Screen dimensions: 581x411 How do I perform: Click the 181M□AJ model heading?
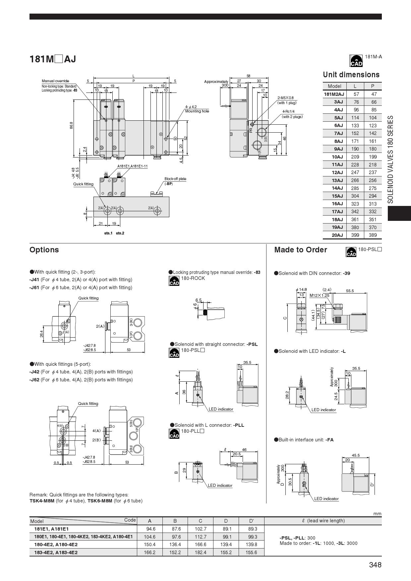click(x=53, y=59)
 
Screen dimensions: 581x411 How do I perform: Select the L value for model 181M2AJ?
click(x=356, y=94)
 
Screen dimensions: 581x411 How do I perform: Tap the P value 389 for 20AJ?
click(x=373, y=235)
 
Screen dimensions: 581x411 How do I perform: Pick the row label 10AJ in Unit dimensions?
click(x=337, y=157)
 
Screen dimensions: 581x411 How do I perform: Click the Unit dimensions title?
click(x=351, y=75)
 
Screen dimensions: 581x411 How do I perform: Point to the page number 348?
click(x=375, y=565)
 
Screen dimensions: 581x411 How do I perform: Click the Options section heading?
click(x=44, y=250)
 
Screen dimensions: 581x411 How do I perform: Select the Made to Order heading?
click(x=300, y=250)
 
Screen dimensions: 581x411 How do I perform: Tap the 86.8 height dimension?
click(x=72, y=125)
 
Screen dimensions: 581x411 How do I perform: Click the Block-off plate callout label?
click(x=175, y=179)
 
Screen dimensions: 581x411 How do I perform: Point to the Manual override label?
click(x=55, y=81)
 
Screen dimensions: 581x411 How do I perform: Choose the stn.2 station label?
click(x=120, y=233)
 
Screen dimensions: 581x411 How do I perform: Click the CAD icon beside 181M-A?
click(x=356, y=61)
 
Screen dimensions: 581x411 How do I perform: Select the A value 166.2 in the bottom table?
click(x=150, y=552)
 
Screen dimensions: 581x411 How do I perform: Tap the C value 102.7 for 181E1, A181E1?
click(x=200, y=529)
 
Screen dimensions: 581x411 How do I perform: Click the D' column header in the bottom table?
click(x=251, y=521)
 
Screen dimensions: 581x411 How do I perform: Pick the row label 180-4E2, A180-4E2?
click(x=56, y=545)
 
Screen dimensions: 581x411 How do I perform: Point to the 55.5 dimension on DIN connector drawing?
click(x=350, y=291)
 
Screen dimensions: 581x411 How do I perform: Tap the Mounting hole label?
click(x=197, y=111)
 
